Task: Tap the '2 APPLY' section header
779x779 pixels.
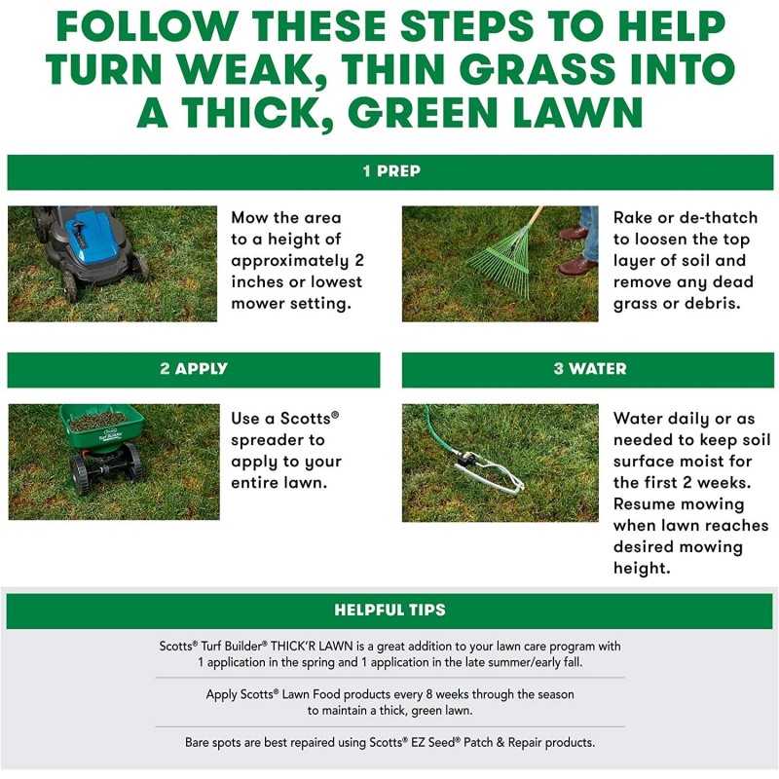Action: (194, 369)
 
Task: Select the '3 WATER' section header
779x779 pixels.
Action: (590, 369)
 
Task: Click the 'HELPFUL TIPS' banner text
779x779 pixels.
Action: (389, 610)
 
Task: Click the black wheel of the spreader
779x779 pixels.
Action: (81, 473)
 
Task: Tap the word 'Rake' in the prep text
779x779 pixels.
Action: (634, 218)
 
